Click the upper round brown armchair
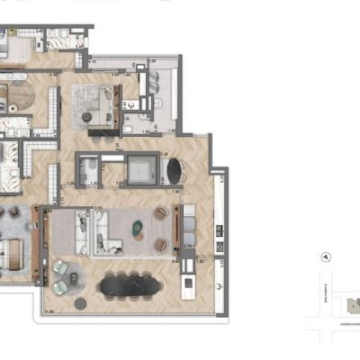[x=162, y=213]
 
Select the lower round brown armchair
[x=162, y=243]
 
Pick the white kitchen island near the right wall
[x=187, y=284]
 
